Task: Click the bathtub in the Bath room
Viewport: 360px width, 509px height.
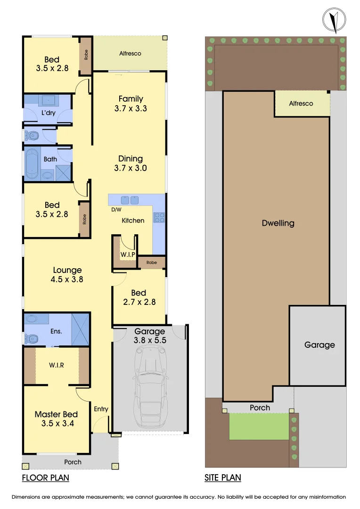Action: point(32,164)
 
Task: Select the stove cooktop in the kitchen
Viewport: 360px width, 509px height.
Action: point(159,218)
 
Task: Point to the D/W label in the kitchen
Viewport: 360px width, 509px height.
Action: point(116,209)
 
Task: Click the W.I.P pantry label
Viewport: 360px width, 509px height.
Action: point(128,254)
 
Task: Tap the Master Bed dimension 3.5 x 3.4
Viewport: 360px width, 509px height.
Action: point(56,423)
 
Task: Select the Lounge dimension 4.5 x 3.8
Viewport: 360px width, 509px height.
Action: point(67,279)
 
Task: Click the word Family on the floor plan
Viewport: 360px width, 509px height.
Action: point(131,99)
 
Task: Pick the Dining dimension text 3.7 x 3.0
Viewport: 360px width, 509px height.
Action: point(131,168)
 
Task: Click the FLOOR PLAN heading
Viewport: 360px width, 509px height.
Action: point(46,478)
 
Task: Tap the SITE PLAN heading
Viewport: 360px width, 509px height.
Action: point(223,478)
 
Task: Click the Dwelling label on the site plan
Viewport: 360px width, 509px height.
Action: point(278,223)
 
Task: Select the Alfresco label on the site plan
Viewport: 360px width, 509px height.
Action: point(301,103)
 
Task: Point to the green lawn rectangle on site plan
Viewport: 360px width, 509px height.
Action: point(259,426)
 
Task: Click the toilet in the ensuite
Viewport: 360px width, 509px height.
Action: point(32,338)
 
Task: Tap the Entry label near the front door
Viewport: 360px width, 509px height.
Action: point(101,409)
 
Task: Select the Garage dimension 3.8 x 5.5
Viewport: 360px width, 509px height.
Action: point(149,340)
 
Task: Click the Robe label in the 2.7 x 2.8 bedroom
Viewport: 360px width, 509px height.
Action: point(151,263)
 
